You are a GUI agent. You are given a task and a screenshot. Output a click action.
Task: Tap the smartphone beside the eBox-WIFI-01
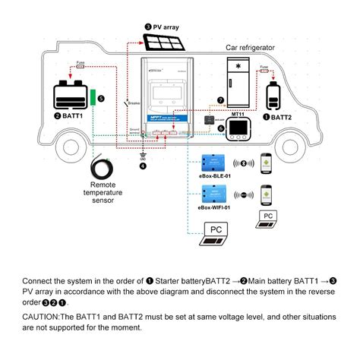267,194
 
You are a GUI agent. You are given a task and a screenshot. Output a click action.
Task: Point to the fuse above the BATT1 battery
78,67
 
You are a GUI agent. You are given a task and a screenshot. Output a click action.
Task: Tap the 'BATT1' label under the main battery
71,116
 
